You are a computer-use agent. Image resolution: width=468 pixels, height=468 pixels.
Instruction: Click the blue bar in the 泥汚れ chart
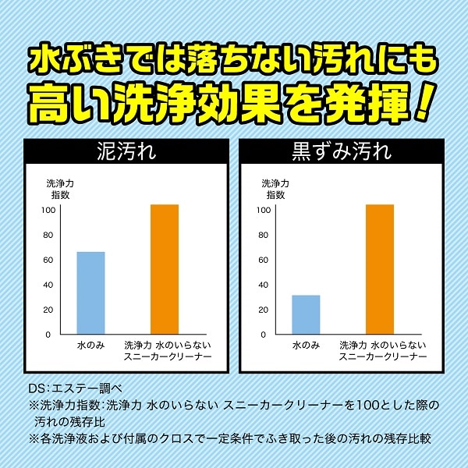[90, 292]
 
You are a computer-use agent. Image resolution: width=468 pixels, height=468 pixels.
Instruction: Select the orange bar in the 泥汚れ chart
[165, 269]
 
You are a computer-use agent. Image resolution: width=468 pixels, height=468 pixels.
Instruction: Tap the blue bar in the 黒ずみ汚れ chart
[306, 314]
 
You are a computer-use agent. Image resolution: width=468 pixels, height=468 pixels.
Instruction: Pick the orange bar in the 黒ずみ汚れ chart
[380, 269]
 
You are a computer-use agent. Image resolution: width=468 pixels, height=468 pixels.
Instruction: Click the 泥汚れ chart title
[126, 151]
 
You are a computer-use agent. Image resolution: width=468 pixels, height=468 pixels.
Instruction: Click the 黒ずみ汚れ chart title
[342, 151]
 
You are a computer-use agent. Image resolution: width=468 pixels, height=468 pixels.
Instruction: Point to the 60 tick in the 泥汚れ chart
[48, 260]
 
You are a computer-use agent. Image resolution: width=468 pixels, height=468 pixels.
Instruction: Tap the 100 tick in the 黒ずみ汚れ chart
[264, 210]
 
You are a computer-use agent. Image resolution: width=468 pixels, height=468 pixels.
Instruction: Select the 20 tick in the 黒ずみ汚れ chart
[264, 310]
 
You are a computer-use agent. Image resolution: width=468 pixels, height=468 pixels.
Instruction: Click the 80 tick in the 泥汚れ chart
[48, 236]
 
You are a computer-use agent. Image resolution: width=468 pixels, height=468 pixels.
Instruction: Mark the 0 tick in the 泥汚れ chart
[48, 335]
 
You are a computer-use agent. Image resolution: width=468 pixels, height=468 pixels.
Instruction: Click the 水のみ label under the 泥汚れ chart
[90, 346]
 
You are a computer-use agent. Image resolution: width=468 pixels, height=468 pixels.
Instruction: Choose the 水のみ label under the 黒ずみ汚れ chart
[306, 346]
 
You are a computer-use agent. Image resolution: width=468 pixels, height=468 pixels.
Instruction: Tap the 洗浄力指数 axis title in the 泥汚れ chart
[60, 190]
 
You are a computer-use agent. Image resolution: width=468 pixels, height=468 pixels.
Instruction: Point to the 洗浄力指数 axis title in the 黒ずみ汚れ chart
[275, 190]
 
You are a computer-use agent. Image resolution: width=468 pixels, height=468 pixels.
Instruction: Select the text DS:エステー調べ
[75, 388]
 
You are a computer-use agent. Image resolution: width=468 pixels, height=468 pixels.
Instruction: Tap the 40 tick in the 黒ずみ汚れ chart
[264, 285]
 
